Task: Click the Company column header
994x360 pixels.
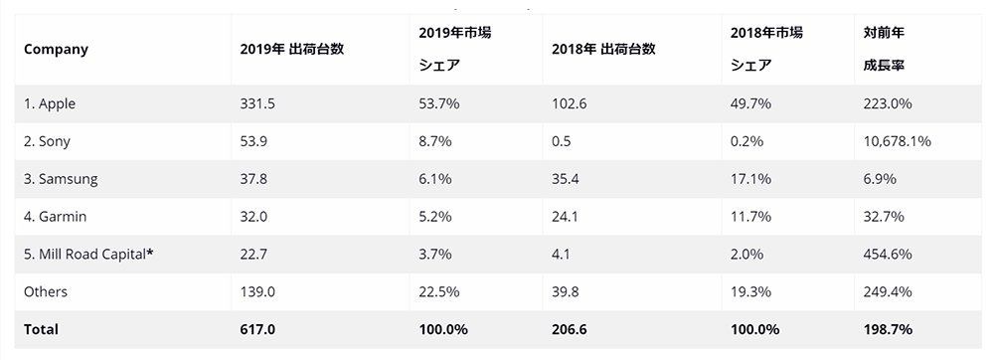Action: pos(56,50)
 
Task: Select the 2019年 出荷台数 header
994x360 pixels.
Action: pos(291,49)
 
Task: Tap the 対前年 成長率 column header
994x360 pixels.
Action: pos(884,49)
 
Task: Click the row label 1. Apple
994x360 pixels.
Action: pos(50,104)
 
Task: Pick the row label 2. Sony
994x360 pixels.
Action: pos(47,141)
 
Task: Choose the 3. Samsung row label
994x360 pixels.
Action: pos(61,179)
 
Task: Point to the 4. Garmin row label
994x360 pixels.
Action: pos(55,217)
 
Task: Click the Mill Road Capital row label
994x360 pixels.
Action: pos(88,255)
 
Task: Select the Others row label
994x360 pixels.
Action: pos(46,291)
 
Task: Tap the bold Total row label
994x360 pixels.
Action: pos(41,329)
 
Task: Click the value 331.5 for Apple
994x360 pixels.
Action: pos(257,104)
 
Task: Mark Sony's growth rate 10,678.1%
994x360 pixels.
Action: pos(897,141)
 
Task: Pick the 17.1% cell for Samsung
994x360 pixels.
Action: pos(750,179)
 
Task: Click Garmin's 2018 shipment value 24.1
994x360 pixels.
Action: pos(565,217)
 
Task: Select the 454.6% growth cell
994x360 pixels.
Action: pos(888,255)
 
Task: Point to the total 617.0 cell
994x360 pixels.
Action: pos(257,329)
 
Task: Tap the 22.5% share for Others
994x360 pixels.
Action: pos(439,291)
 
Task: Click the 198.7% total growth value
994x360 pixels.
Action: pos(888,329)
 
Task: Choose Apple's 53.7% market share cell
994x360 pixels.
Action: pos(439,104)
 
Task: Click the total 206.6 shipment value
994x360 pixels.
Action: pos(570,329)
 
